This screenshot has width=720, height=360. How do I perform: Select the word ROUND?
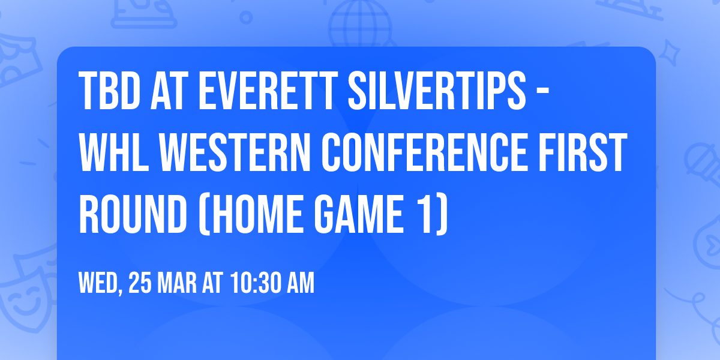133,214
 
